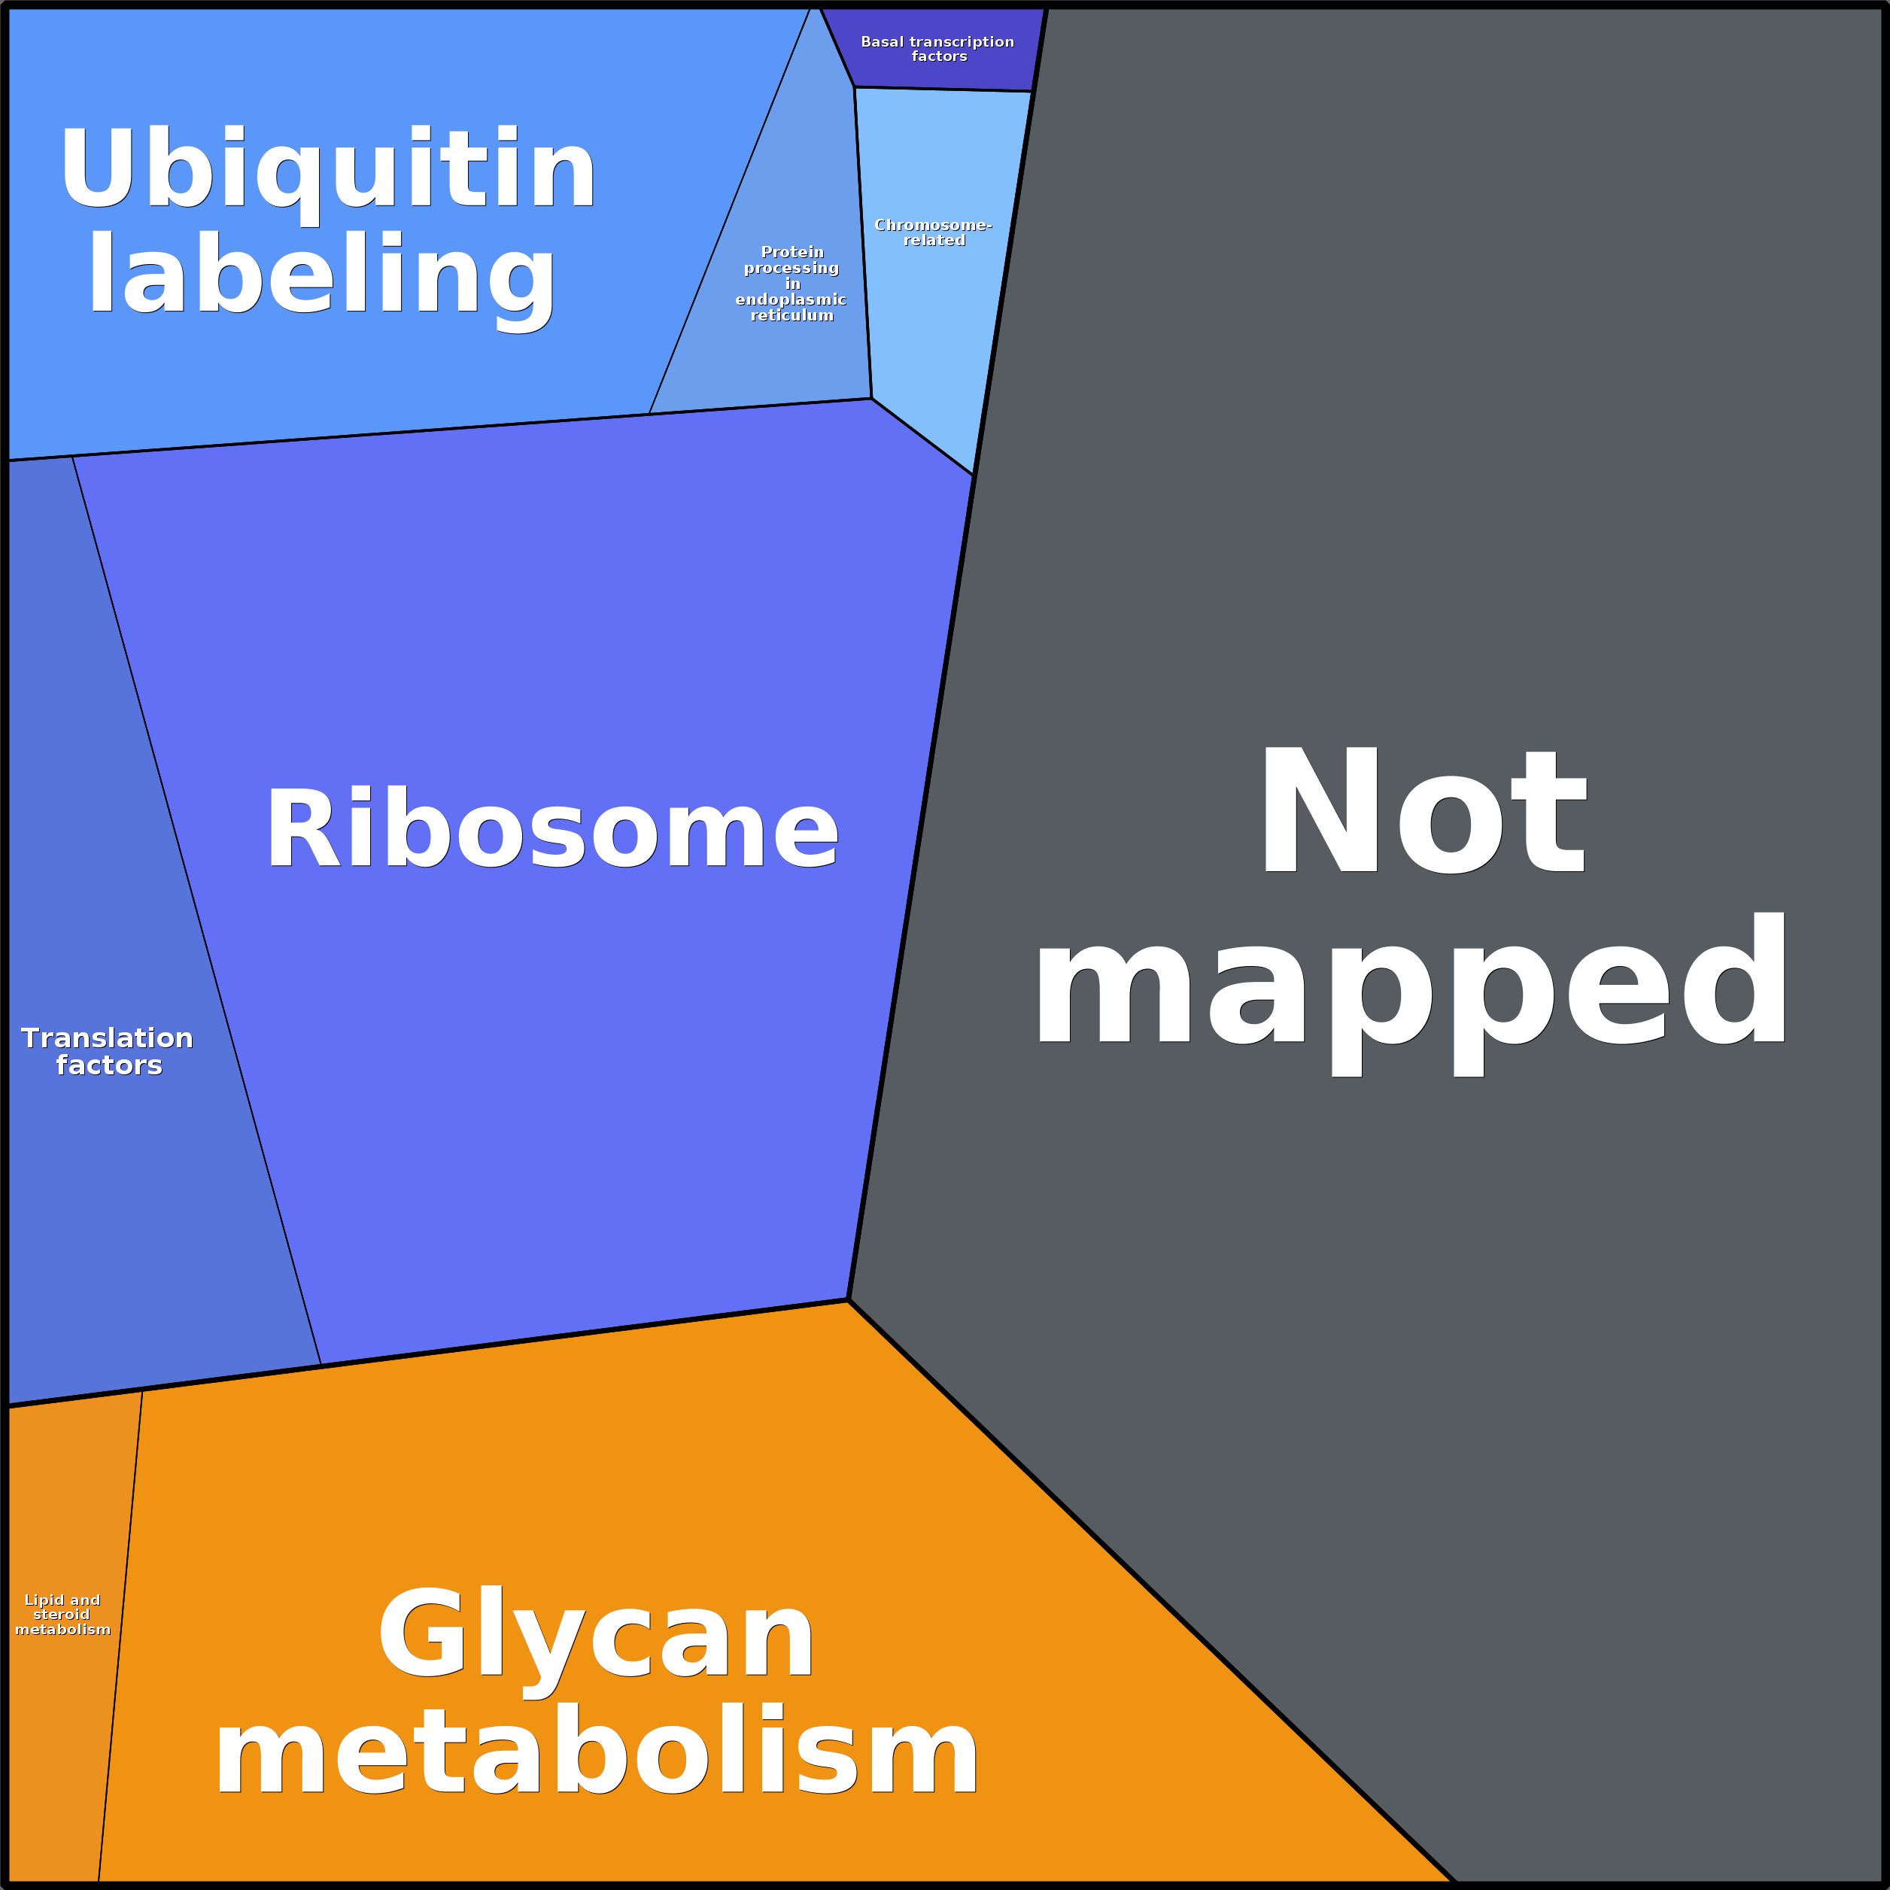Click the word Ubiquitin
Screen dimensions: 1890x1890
328,169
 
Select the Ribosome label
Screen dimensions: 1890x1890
552,830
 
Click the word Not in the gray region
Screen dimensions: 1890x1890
1421,812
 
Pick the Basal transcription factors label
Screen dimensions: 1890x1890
937,49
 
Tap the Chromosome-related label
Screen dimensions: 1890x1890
933,232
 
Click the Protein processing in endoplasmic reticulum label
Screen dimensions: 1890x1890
792,284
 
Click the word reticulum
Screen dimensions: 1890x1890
792,316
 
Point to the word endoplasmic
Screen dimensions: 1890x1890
791,299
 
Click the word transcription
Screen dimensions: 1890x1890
962,42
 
